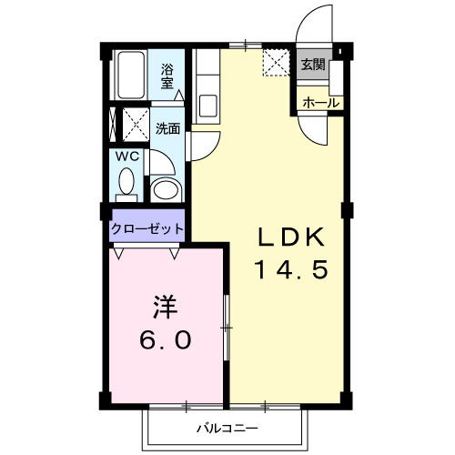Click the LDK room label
click(288, 239)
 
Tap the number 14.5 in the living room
click(288, 270)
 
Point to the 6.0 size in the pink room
click(165, 339)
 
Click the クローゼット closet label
click(147, 228)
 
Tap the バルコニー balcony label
click(228, 428)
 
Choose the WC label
click(126, 155)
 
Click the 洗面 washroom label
click(167, 128)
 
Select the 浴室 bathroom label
click(168, 75)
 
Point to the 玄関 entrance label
click(312, 64)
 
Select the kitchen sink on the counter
click(206, 105)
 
